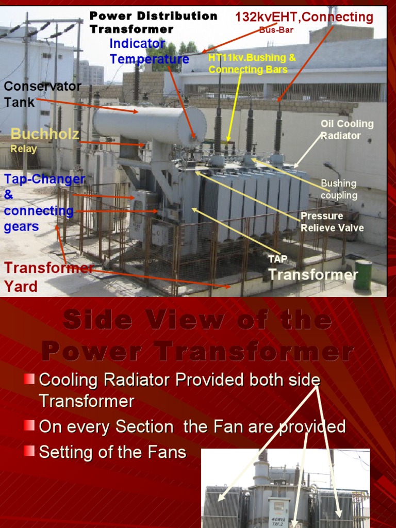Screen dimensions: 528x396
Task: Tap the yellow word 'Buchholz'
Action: pyautogui.click(x=45, y=135)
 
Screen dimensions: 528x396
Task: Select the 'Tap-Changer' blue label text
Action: pyautogui.click(x=44, y=179)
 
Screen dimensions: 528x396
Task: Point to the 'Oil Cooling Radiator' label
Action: pyautogui.click(x=347, y=130)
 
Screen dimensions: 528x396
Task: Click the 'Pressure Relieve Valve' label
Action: pyautogui.click(x=332, y=222)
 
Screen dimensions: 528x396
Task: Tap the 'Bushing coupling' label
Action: pyautogui.click(x=339, y=189)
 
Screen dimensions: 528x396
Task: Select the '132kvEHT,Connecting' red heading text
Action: pyautogui.click(x=304, y=17)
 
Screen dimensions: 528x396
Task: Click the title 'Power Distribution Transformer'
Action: pyautogui.click(x=153, y=22)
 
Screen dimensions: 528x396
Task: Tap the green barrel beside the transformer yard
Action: pyautogui.click(x=362, y=274)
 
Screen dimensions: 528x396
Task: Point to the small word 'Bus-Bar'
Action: pyautogui.click(x=276, y=30)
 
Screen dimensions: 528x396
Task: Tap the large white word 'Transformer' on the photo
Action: pyautogui.click(x=313, y=274)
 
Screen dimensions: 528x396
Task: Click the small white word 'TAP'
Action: pyautogui.click(x=274, y=258)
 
